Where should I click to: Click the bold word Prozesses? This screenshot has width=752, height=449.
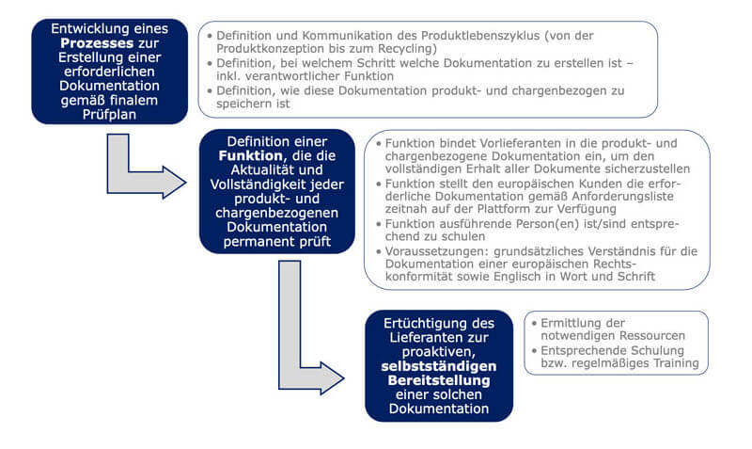tap(89, 43)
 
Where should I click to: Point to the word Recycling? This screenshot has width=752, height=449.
tap(407, 48)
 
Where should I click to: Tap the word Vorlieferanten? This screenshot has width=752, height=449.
tap(489, 142)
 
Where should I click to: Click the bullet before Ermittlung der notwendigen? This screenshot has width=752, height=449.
tap(533, 322)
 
